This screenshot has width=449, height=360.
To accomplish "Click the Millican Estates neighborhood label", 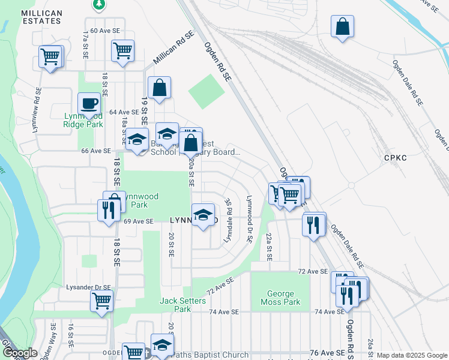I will coord(41,17).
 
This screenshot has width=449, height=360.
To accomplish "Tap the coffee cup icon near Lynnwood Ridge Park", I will coord(89,103).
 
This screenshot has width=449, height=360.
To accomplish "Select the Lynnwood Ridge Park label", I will coord(83,120).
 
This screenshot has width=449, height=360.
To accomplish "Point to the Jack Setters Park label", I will coord(183,305).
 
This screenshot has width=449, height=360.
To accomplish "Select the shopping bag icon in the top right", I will coord(342,27).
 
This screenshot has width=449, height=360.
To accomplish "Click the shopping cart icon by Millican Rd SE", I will coord(122,52).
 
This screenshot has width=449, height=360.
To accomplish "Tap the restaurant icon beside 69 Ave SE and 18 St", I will coord(109,211).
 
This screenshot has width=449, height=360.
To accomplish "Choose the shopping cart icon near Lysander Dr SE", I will coord(101,301).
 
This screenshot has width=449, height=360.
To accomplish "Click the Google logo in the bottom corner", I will coord(19,353).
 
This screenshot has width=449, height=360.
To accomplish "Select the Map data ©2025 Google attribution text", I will coord(411,355).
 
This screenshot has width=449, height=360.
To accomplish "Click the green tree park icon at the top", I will coord(99,5).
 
